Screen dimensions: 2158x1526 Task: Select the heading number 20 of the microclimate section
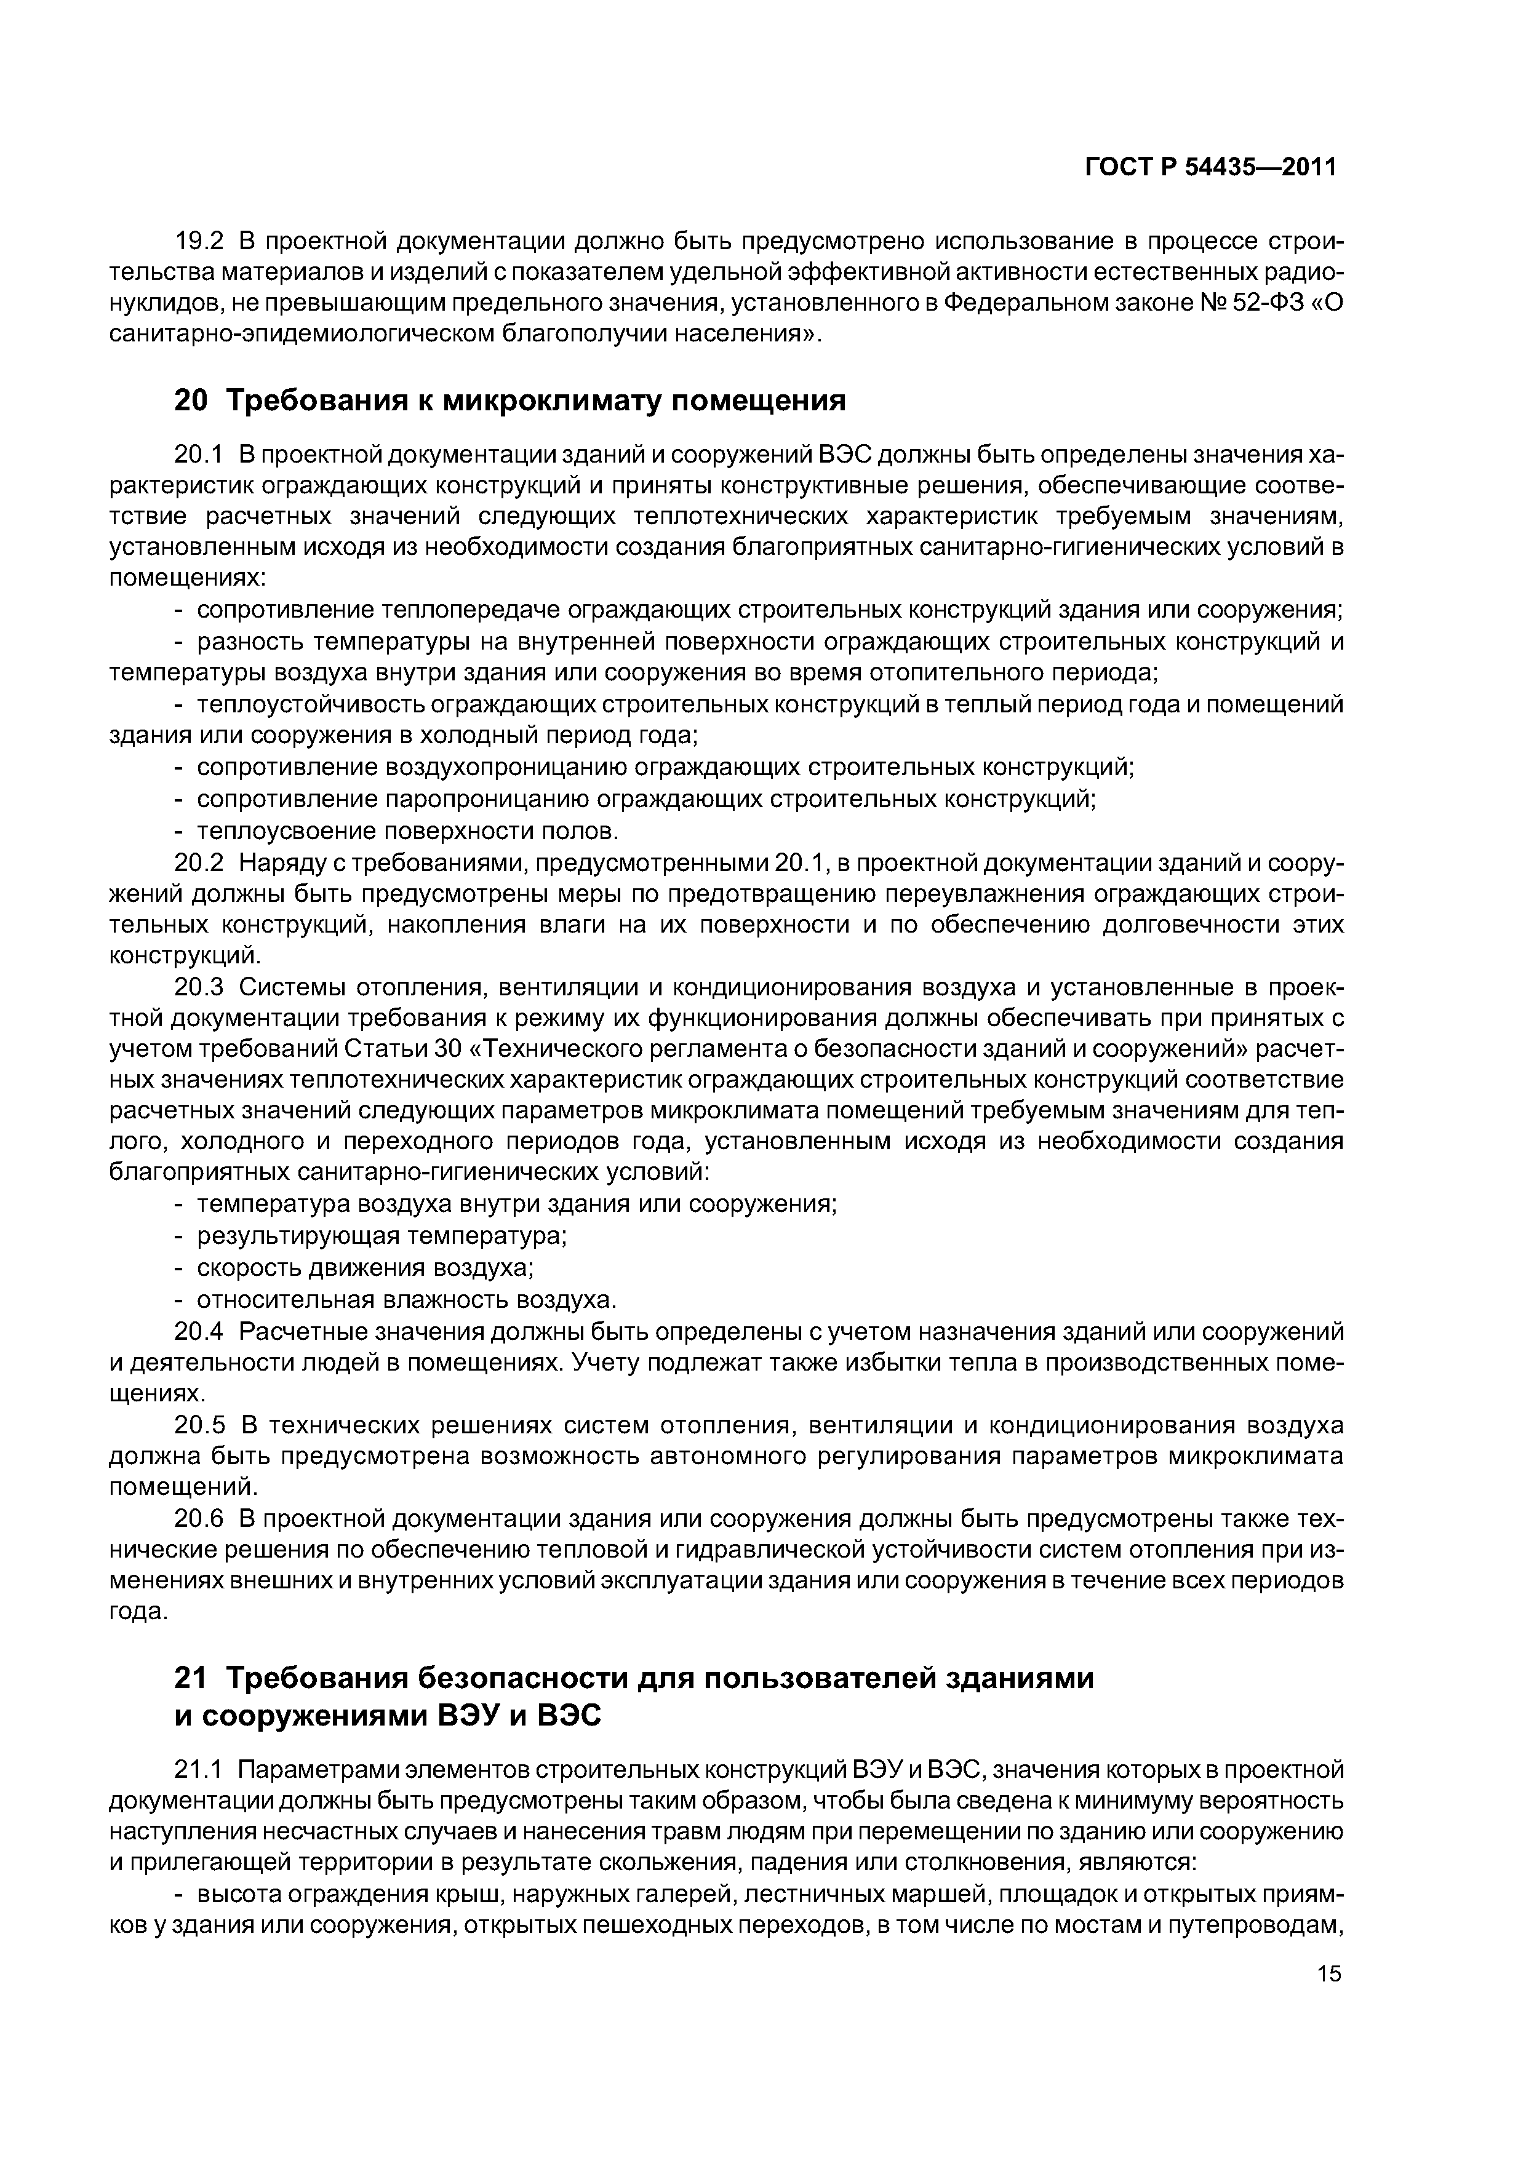(191, 401)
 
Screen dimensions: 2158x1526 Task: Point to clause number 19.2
(200, 242)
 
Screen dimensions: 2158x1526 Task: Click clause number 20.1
(200, 455)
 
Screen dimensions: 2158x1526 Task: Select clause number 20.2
(200, 863)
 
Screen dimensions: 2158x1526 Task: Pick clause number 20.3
(200, 988)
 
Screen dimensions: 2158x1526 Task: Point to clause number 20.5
(200, 1427)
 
